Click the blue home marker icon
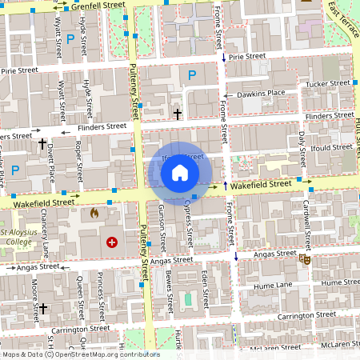pos(180,172)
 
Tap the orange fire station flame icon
pos(94,214)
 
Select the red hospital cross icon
pos(111,242)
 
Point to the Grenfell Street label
pos(98,6)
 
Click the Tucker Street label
pos(327,83)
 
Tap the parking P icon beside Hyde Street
pos(71,38)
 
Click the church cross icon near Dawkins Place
pos(178,114)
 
